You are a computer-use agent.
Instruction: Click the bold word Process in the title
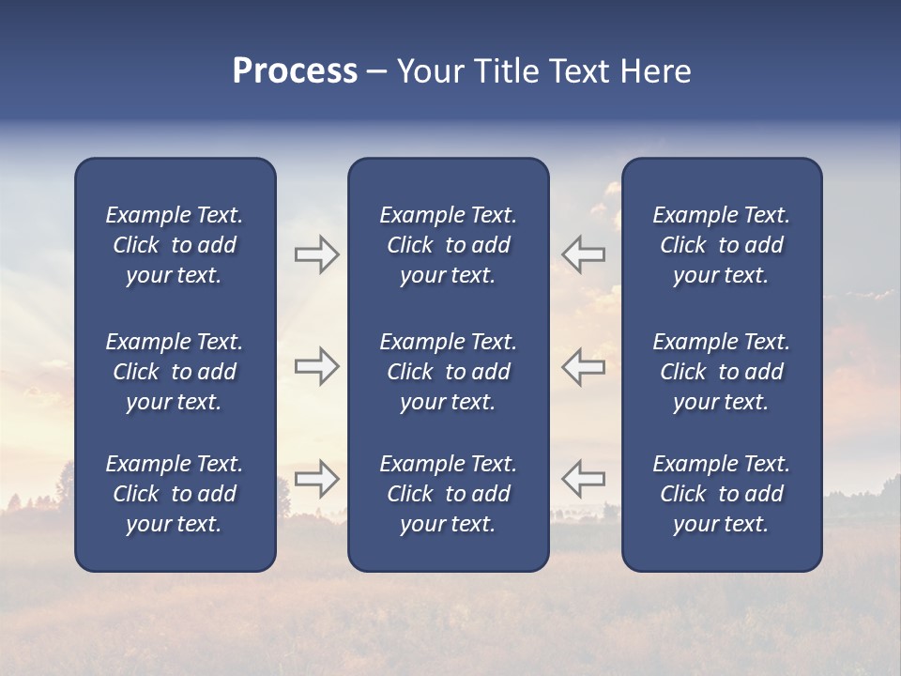pyautogui.click(x=295, y=71)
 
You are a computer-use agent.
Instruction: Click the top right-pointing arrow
pyautogui.click(x=316, y=254)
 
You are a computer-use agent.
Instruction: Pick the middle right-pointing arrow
pyautogui.click(x=316, y=366)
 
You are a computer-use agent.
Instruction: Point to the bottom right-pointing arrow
pyautogui.click(x=316, y=479)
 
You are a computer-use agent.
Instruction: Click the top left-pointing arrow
pyautogui.click(x=583, y=254)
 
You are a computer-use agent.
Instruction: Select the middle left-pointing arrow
pyautogui.click(x=583, y=366)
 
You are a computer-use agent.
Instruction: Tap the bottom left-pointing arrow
pyautogui.click(x=583, y=479)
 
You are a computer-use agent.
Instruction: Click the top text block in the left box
pyautogui.click(x=175, y=245)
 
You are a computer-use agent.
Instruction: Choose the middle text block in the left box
pyautogui.click(x=175, y=372)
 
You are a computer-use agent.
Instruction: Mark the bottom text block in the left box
pyautogui.click(x=175, y=494)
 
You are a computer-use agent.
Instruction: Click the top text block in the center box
pyautogui.click(x=448, y=245)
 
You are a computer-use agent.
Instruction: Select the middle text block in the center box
pyautogui.click(x=448, y=372)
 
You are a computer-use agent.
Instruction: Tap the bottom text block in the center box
pyautogui.click(x=448, y=494)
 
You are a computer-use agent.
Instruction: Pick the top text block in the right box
pyautogui.click(x=721, y=245)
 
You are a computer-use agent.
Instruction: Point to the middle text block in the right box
pyautogui.click(x=721, y=372)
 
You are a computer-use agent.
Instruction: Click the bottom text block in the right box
pyautogui.click(x=721, y=494)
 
